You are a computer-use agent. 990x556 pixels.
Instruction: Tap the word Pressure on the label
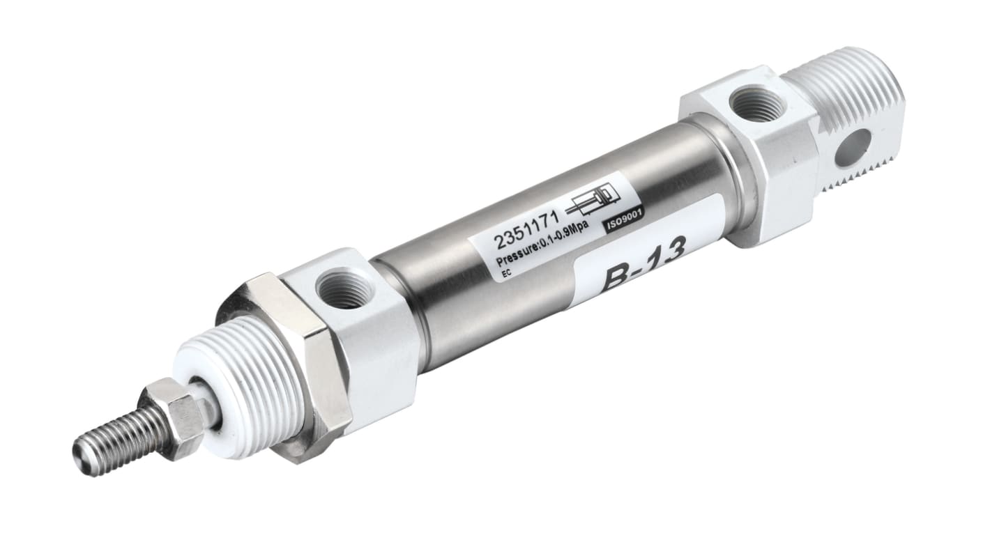[515, 258]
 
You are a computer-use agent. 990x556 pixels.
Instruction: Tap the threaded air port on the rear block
[756, 103]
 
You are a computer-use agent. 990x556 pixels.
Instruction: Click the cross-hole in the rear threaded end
[852, 147]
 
